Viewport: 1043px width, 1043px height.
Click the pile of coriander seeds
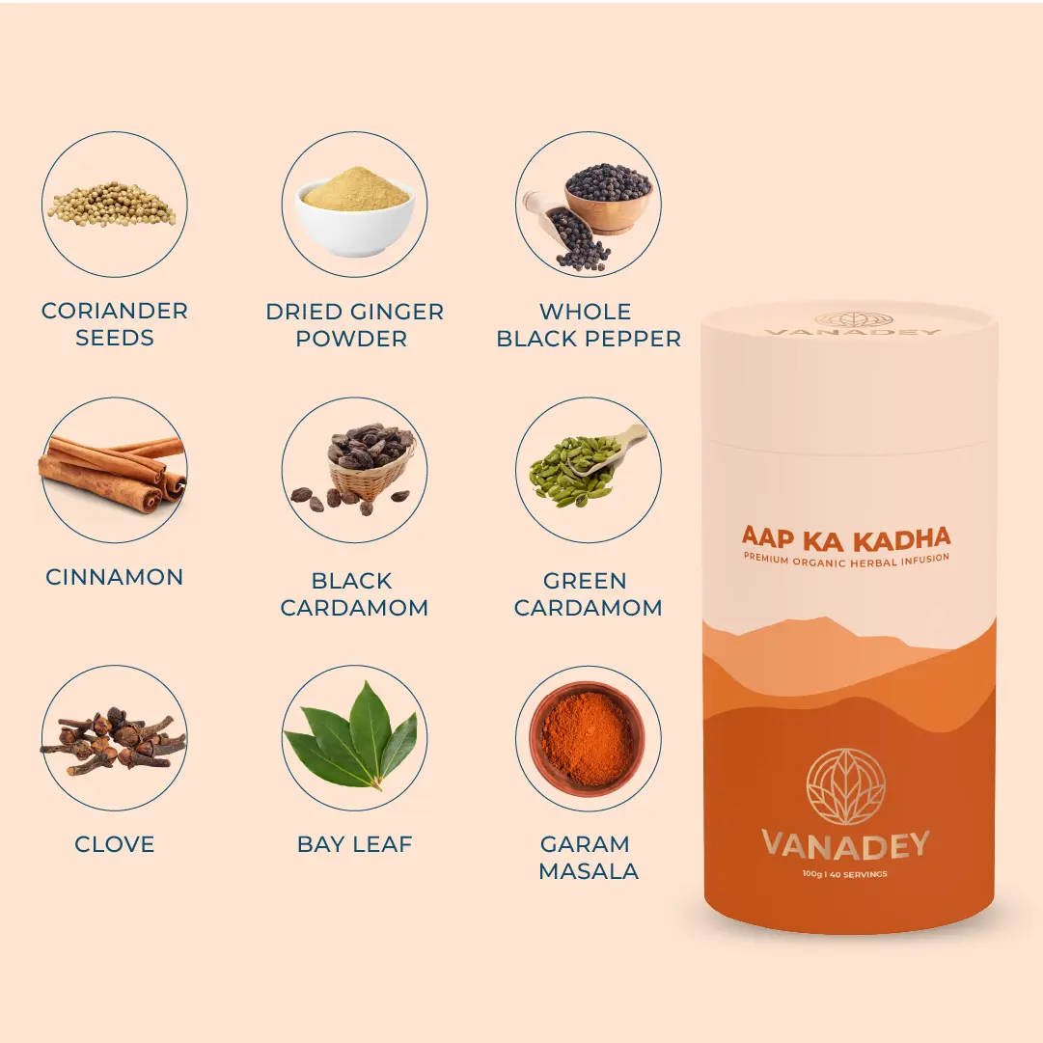pyautogui.click(x=113, y=205)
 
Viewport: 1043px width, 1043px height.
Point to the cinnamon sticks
pyautogui.click(x=112, y=471)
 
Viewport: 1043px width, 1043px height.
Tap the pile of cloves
pyautogui.click(x=113, y=740)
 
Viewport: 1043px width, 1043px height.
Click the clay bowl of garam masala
pyautogui.click(x=587, y=739)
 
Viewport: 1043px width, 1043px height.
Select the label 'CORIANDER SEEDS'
pyautogui.click(x=115, y=324)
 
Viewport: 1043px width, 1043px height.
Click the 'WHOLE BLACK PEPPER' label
pyautogui.click(x=588, y=324)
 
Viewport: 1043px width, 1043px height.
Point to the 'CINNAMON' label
pyautogui.click(x=115, y=577)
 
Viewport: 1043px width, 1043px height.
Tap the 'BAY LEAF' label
pyautogui.click(x=354, y=844)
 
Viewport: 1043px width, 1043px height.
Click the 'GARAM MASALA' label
pyautogui.click(x=588, y=858)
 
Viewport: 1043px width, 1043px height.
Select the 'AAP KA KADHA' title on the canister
pyautogui.click(x=846, y=538)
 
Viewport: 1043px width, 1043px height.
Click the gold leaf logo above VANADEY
pyautogui.click(x=845, y=786)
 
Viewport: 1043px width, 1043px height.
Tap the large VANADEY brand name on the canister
pyautogui.click(x=845, y=845)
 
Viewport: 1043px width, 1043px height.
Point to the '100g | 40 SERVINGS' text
pyautogui.click(x=845, y=874)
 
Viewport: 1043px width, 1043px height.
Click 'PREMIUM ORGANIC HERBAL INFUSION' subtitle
pyautogui.click(x=846, y=560)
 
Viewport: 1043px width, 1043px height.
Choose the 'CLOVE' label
pyautogui.click(x=115, y=844)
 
